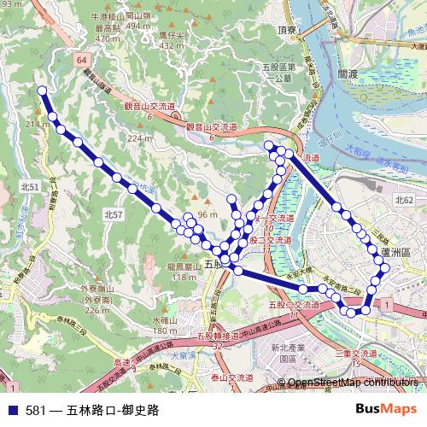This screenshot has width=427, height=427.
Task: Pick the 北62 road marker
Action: point(404,199)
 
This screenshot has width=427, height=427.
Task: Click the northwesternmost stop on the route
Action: point(42,90)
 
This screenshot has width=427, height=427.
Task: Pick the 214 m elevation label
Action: point(37,126)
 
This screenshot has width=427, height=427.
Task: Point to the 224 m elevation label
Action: point(139,137)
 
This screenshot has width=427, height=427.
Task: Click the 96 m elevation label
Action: point(208,213)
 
